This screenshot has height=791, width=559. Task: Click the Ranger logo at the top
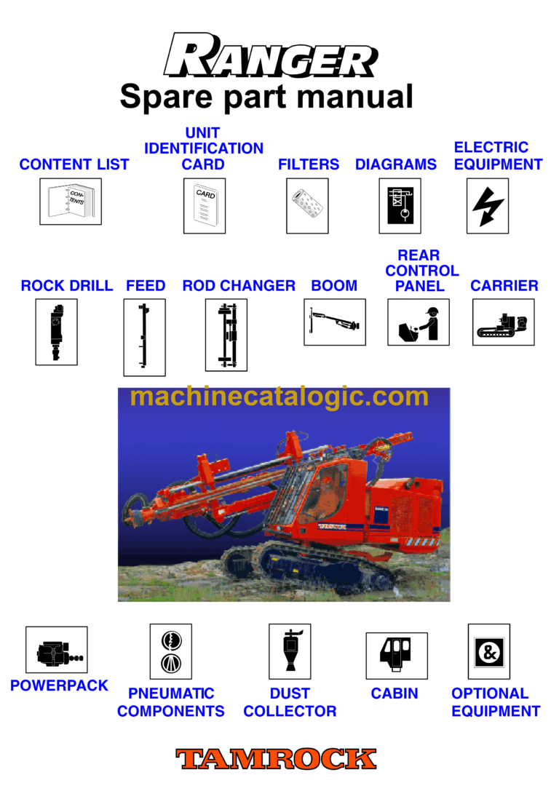[x=270, y=57]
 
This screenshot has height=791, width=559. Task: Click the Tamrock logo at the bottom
[x=276, y=759]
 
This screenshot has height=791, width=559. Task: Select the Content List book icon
[x=70, y=202]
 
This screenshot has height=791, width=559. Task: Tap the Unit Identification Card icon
[x=204, y=206]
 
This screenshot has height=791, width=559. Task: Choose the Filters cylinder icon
[x=307, y=206]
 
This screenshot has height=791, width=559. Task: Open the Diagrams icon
[x=400, y=206]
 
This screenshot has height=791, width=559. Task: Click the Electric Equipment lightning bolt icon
[x=487, y=206]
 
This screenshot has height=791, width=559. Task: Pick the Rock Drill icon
[x=56, y=332]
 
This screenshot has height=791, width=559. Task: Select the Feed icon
[x=144, y=337]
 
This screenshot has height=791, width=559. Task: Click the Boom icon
[x=334, y=322]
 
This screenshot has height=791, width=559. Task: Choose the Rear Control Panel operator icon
[x=418, y=322]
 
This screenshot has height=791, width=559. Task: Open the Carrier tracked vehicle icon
[x=503, y=322]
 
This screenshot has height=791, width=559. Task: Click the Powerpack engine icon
[x=57, y=650]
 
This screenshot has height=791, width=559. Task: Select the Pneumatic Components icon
[x=171, y=651]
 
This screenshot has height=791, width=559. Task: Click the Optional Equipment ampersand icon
[x=488, y=651]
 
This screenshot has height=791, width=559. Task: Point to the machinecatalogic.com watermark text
[x=279, y=397]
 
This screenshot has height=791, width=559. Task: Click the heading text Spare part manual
[x=266, y=97]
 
